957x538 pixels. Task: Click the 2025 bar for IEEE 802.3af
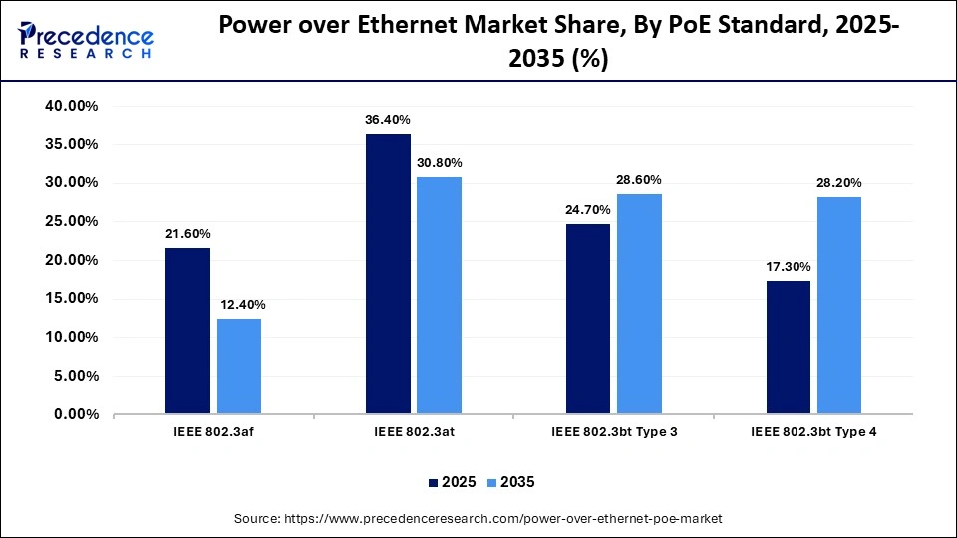tap(187, 331)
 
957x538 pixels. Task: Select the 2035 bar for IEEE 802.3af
tap(239, 366)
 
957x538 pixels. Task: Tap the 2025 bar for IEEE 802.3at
tap(388, 274)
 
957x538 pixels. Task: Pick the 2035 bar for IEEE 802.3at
tap(440, 295)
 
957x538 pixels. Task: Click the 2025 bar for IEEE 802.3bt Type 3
tap(588, 319)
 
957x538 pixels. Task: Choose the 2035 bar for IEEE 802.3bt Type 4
tap(839, 305)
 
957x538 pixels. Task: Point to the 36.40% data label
tap(388, 120)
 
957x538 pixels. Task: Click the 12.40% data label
tap(239, 304)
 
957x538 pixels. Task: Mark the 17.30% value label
tap(789, 266)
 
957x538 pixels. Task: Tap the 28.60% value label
tap(639, 179)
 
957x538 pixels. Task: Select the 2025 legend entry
tap(452, 482)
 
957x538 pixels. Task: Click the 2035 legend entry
tap(509, 482)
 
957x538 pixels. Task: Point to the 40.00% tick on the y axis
tap(70, 106)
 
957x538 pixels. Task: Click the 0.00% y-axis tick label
tap(74, 414)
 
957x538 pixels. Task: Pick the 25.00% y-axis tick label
tap(70, 221)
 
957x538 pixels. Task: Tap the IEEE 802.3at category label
tap(414, 432)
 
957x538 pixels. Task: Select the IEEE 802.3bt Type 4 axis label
tap(813, 432)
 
